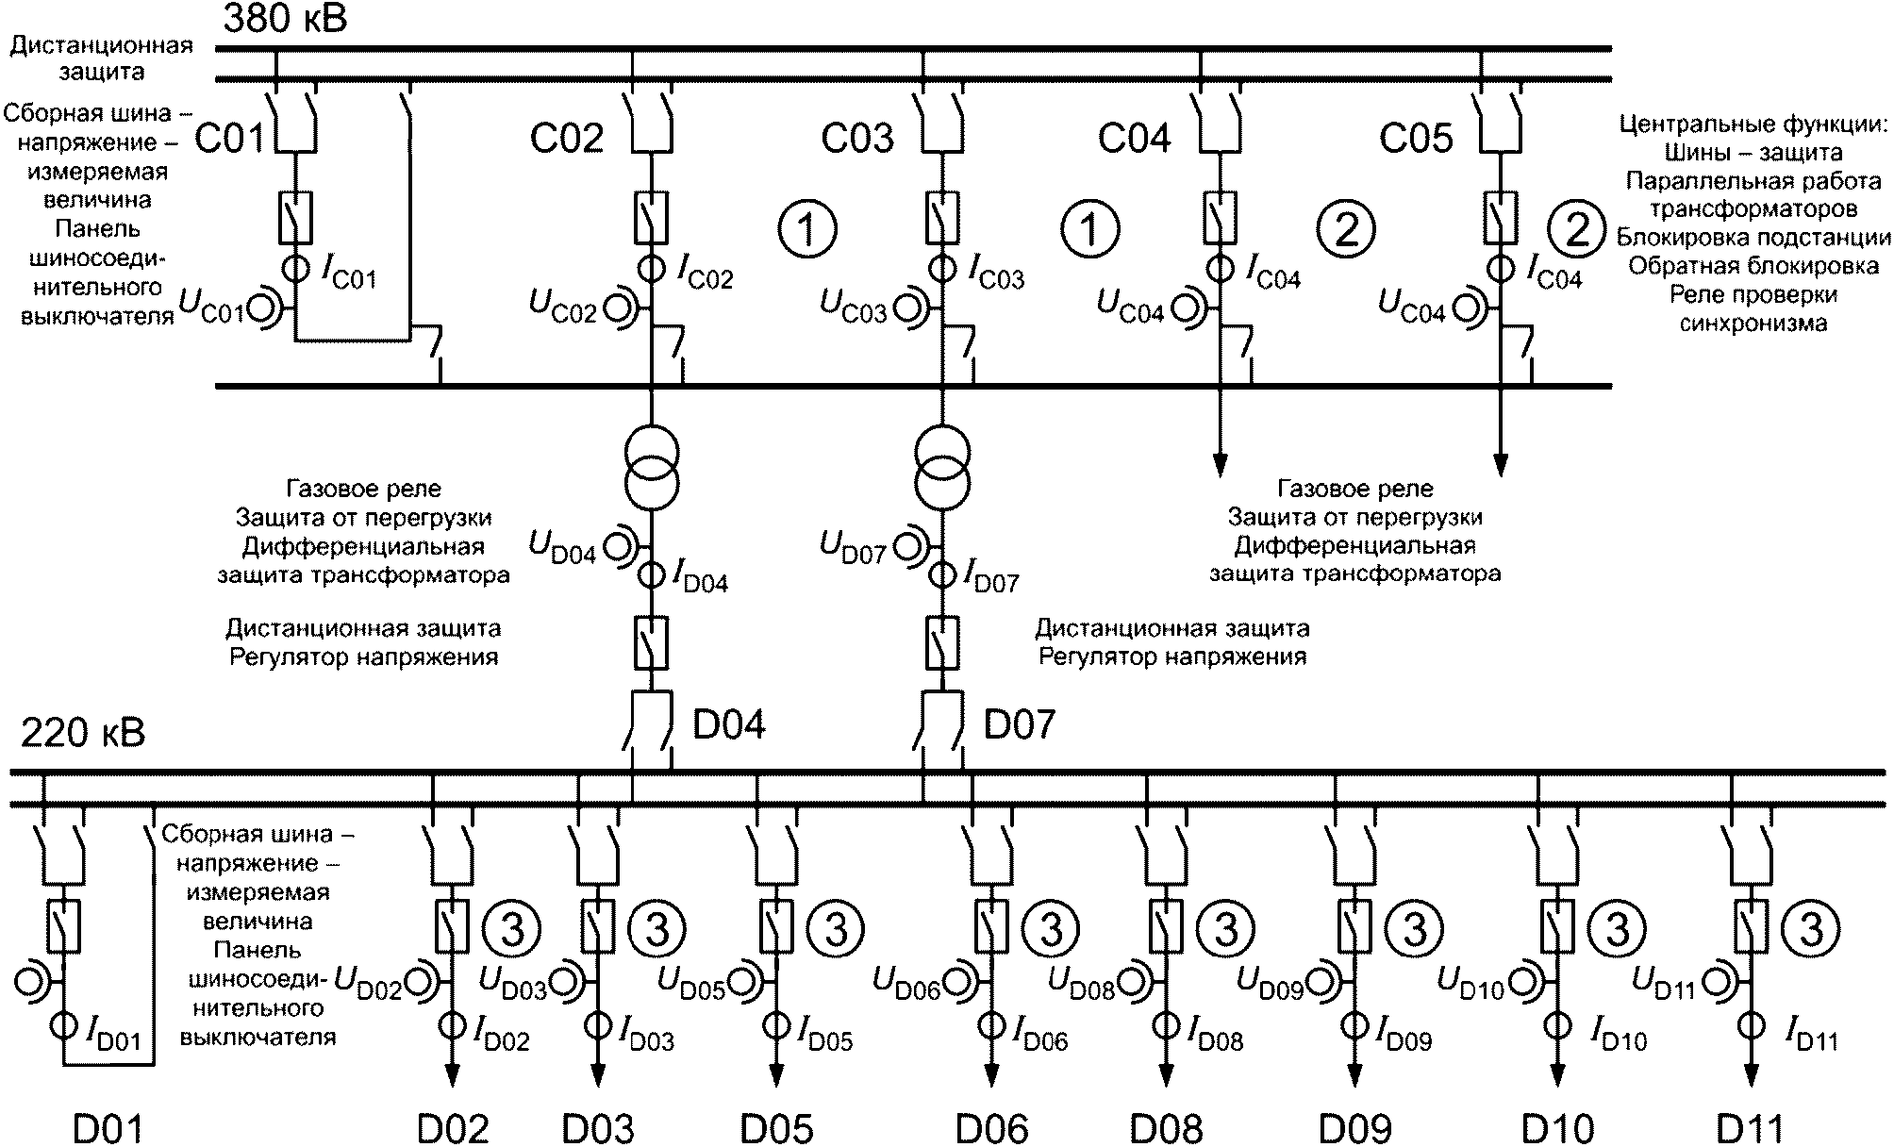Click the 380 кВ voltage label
285,19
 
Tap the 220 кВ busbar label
83,733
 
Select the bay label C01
231,139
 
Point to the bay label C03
857,139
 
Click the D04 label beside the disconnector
729,724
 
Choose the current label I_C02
705,273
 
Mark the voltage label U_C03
853,307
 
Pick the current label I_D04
700,576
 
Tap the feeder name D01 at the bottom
110,1129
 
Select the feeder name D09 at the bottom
1355,1129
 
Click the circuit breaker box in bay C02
651,218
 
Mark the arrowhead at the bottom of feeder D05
777,1076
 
